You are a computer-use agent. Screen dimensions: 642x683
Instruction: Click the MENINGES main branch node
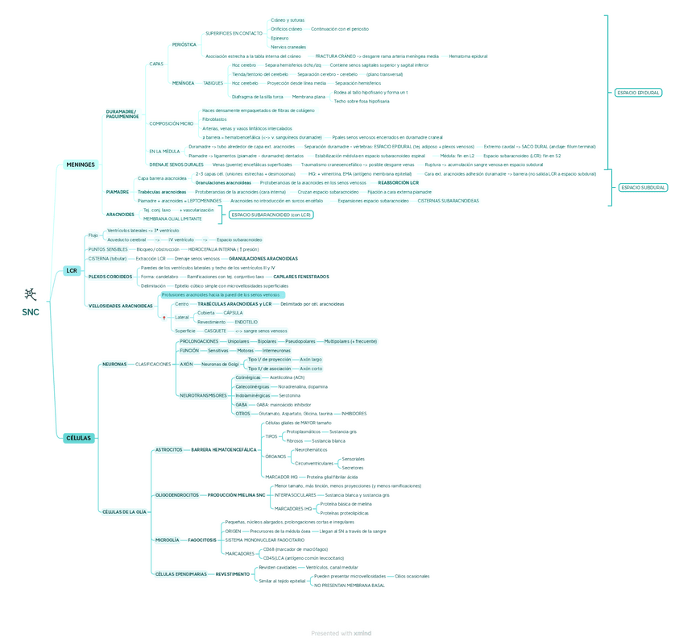(x=81, y=165)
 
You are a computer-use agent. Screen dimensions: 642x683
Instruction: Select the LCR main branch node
(x=72, y=271)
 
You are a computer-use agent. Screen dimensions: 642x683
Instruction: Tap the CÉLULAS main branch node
(x=78, y=438)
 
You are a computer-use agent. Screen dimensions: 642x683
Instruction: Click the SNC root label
(x=31, y=311)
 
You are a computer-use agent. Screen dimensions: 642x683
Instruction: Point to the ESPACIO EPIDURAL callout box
(x=638, y=93)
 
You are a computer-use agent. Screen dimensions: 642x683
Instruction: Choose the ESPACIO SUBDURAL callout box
(x=643, y=187)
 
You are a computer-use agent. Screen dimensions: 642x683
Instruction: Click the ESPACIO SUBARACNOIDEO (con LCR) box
(x=271, y=215)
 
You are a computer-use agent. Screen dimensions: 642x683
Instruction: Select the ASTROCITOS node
(x=168, y=449)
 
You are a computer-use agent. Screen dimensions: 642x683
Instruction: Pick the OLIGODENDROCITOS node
(x=176, y=494)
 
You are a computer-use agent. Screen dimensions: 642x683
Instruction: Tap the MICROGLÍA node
(x=167, y=540)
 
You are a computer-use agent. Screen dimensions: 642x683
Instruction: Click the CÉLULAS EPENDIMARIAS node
(x=180, y=573)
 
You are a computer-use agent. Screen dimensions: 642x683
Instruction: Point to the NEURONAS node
(x=114, y=364)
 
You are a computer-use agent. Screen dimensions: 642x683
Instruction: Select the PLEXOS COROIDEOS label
(x=110, y=277)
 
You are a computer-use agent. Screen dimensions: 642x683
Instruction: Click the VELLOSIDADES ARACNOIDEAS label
(x=120, y=306)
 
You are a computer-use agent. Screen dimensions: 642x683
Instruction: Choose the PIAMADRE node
(x=117, y=192)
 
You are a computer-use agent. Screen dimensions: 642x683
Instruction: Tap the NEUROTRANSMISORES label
(x=203, y=395)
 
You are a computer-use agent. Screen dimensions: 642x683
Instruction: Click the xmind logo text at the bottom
(x=362, y=633)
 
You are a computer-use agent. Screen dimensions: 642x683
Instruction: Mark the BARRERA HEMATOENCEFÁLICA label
(x=224, y=449)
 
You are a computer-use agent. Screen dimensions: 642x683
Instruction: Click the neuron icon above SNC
(x=31, y=294)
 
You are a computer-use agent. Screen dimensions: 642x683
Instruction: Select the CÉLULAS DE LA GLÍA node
(x=124, y=511)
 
